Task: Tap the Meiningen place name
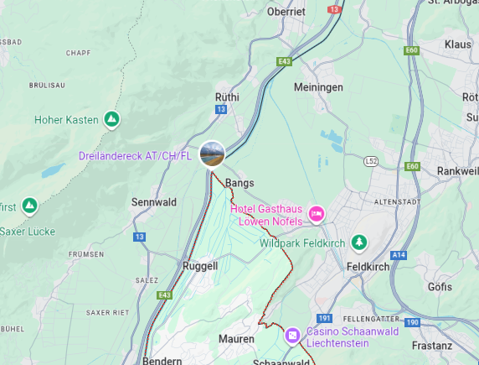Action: click(x=318, y=87)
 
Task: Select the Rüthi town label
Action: click(x=227, y=97)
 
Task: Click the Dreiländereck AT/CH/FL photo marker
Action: click(x=213, y=155)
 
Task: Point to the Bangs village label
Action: click(x=239, y=182)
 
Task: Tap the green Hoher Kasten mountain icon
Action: click(x=111, y=119)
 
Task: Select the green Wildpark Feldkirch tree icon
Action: click(x=359, y=242)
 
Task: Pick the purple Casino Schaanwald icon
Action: click(x=292, y=335)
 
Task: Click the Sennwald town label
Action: click(x=153, y=202)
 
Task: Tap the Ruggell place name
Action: click(x=200, y=266)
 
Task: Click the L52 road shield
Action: click(x=372, y=160)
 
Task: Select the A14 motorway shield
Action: click(x=398, y=255)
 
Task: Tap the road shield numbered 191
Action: click(x=326, y=319)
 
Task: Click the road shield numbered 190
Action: click(x=411, y=322)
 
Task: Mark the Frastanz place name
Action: click(x=432, y=345)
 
